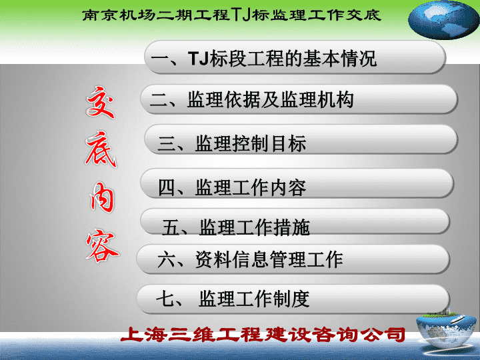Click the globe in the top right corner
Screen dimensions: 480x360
(443, 19)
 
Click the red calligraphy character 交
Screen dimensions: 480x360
(101, 102)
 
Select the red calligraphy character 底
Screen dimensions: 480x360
(101, 149)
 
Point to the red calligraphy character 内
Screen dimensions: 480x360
(101, 197)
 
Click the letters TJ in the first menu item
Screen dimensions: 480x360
(199, 58)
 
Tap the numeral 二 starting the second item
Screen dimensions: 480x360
(159, 100)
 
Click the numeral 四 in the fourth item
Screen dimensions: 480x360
(167, 187)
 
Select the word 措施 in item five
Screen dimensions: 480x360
(292, 227)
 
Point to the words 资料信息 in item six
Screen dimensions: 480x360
(232, 259)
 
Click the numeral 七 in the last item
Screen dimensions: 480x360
(165, 299)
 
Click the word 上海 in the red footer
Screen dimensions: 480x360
(144, 334)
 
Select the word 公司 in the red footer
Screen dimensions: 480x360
(382, 334)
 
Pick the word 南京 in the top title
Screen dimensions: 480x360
(100, 15)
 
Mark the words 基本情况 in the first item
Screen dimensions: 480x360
(340, 58)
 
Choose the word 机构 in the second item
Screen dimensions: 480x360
(336, 100)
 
